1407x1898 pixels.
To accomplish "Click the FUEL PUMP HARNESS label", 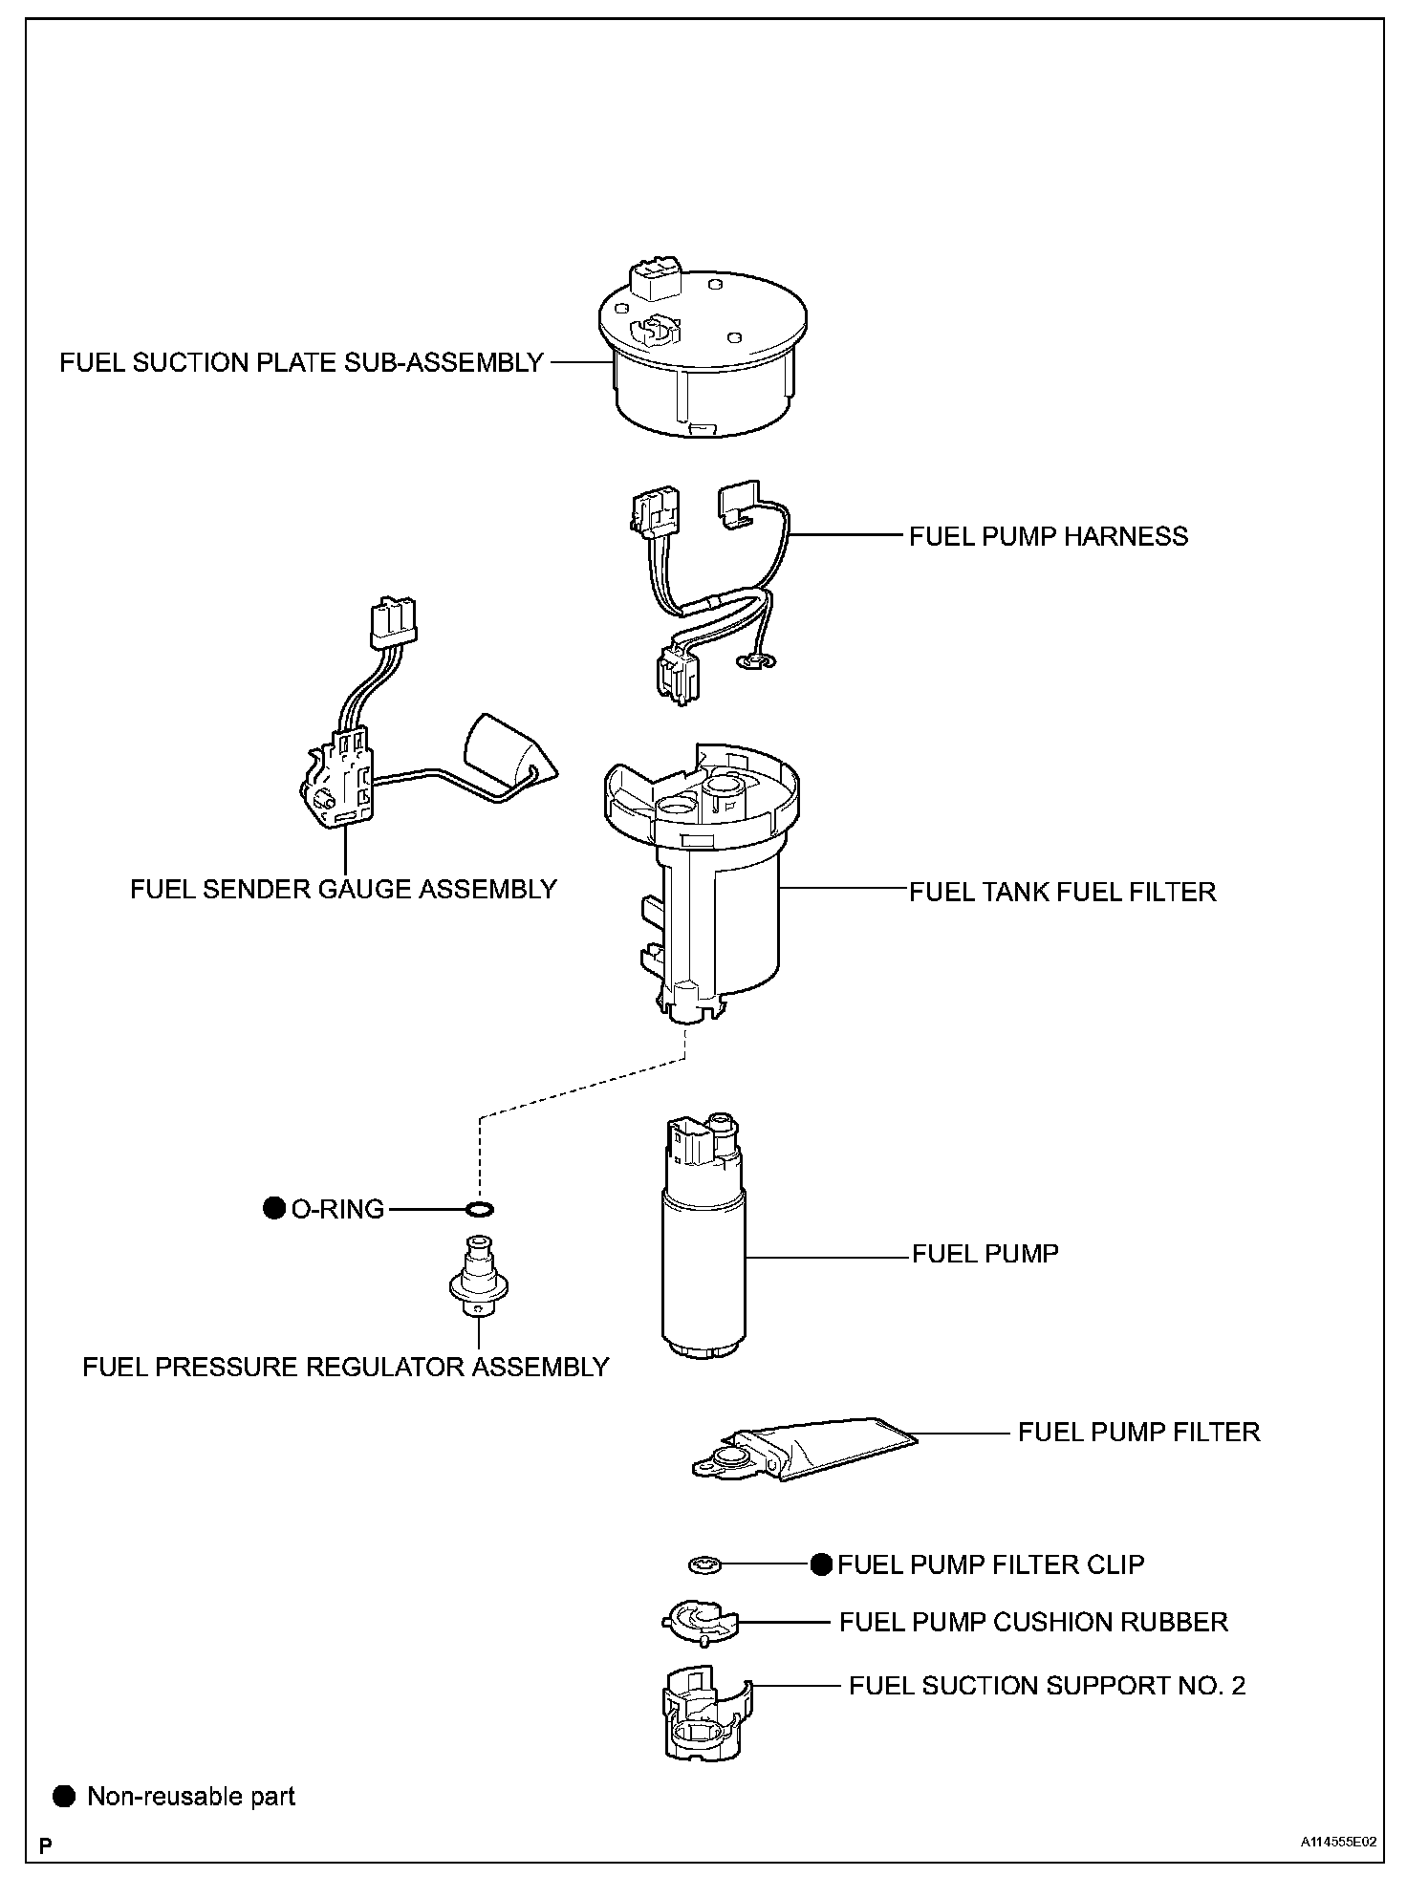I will pyautogui.click(x=1048, y=536).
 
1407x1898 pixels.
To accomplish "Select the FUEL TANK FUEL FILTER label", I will pyautogui.click(x=1062, y=892).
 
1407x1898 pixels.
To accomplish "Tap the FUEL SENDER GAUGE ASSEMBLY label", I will pyautogui.click(x=343, y=889).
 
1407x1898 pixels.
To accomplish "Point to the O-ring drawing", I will pyautogui.click(x=480, y=1210).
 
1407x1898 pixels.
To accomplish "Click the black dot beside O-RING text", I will pyautogui.click(x=274, y=1209).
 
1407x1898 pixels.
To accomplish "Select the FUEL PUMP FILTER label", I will pyautogui.click(x=1138, y=1432).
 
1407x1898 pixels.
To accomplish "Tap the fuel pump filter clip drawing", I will pyautogui.click(x=704, y=1564).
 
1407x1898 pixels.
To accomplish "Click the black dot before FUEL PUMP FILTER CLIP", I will pyautogui.click(x=821, y=1564).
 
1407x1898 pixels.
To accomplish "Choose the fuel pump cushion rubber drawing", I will pyautogui.click(x=701, y=1622).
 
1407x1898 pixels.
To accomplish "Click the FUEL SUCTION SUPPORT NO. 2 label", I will pyautogui.click(x=1047, y=1685).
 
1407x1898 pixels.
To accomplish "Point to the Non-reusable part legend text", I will pyautogui.click(x=191, y=1797).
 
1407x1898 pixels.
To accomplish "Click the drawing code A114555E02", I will pyautogui.click(x=1337, y=1842).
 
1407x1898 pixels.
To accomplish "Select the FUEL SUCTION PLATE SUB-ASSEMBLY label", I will pyautogui.click(x=301, y=363).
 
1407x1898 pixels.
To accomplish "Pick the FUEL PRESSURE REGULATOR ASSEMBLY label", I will pyautogui.click(x=345, y=1367).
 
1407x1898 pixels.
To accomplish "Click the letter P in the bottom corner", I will pyautogui.click(x=45, y=1843).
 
